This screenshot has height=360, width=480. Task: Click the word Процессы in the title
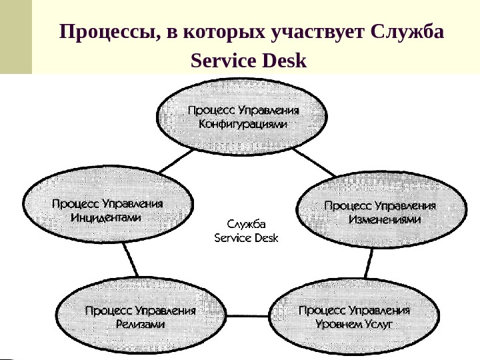105,33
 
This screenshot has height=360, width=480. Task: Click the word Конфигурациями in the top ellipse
243,124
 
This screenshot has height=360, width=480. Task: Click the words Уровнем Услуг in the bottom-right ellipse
355,324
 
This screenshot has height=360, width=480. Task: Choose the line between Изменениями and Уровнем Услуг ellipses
367,263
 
